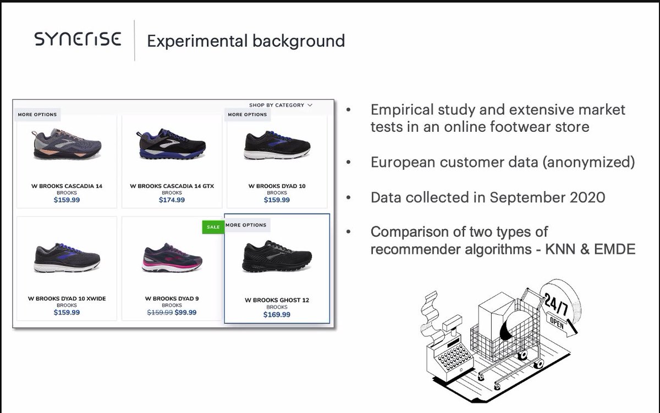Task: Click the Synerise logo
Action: click(77, 40)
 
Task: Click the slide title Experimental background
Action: click(246, 41)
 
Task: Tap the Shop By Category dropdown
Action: click(280, 105)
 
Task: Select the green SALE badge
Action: click(213, 226)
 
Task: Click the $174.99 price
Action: click(172, 200)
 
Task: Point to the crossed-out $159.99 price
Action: click(159, 312)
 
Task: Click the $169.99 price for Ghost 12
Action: click(277, 315)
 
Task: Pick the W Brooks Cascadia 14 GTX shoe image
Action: click(172, 144)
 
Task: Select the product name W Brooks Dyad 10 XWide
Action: click(67, 299)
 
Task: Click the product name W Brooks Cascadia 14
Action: click(67, 186)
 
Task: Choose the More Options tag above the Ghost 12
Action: click(246, 225)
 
